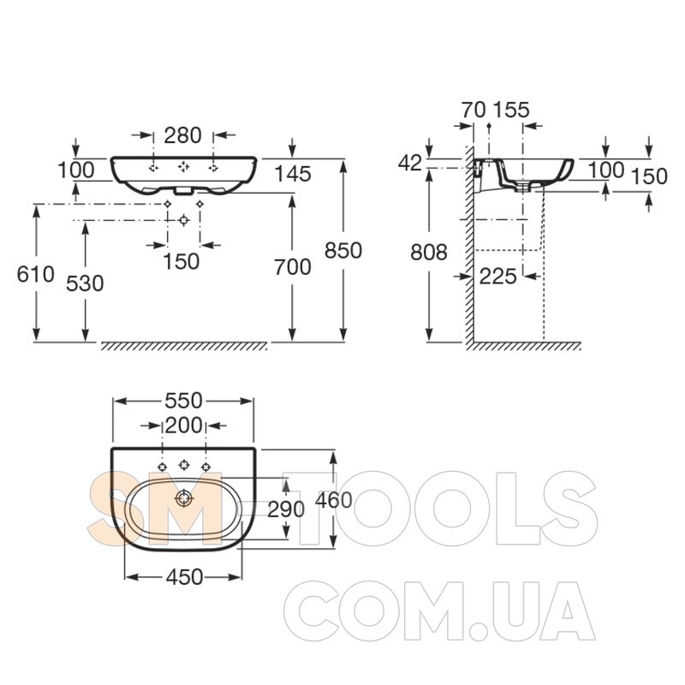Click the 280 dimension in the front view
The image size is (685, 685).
(x=182, y=135)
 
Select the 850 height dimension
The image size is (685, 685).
(x=343, y=251)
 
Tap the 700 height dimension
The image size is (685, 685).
(x=293, y=267)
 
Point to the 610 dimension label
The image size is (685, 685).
(x=35, y=275)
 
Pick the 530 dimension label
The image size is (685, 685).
(x=85, y=283)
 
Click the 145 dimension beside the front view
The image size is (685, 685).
(x=293, y=175)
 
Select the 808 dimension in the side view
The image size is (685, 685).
(x=429, y=253)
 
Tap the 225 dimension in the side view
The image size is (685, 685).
(x=498, y=277)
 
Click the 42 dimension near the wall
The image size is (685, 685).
(x=410, y=164)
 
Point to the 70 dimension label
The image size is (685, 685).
(x=474, y=110)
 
